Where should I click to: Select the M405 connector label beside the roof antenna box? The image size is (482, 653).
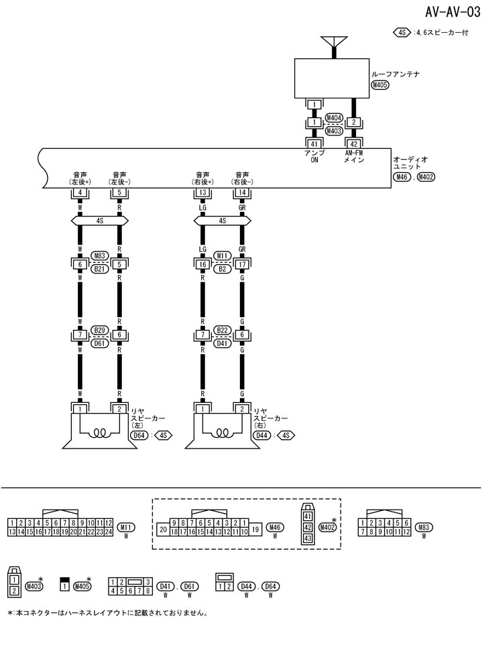coord(380,85)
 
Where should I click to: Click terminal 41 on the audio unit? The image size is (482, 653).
coord(314,143)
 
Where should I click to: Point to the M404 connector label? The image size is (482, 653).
coord(334,118)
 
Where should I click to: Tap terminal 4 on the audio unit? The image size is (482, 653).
coord(80,193)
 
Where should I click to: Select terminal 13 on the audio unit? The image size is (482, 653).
coord(202,193)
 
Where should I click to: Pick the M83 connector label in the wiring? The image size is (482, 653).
coord(100,255)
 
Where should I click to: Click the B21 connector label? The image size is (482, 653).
coord(100,268)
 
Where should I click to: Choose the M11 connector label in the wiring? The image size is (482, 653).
coord(222,255)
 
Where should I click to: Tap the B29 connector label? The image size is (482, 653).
coord(100,330)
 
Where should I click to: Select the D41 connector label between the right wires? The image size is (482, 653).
coord(222,343)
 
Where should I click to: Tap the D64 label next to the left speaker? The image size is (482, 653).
coord(139,436)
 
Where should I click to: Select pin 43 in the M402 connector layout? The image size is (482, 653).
coord(308,538)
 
